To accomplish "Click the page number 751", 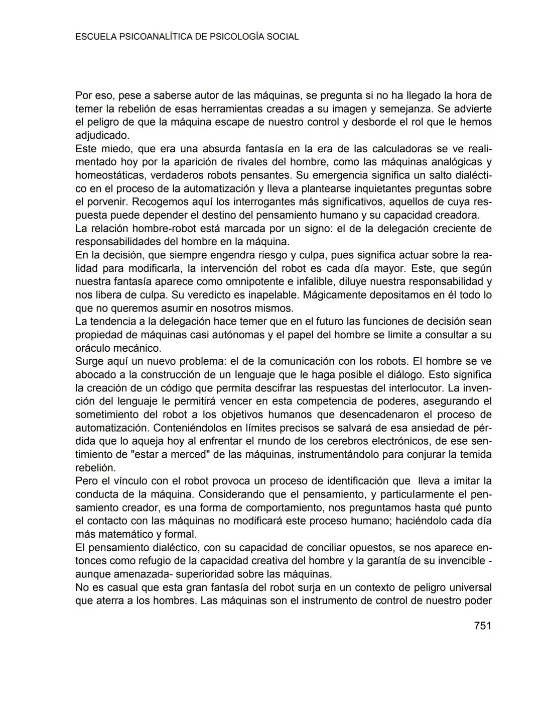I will click(482, 626).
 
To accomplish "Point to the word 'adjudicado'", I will click(102, 136).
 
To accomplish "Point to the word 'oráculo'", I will click(93, 348).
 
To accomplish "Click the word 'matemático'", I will click(121, 534).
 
